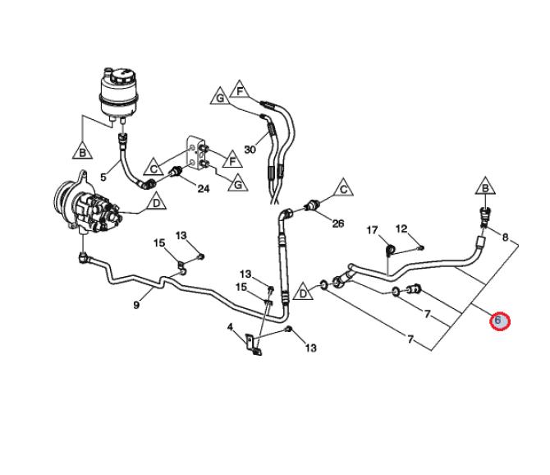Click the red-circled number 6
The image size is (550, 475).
click(x=498, y=320)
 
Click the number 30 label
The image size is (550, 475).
click(x=250, y=150)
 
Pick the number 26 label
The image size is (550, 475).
click(x=337, y=224)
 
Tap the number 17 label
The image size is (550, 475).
click(x=372, y=229)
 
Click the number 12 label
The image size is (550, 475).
click(x=401, y=228)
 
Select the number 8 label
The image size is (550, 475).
click(x=505, y=237)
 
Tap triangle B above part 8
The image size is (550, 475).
click(x=486, y=188)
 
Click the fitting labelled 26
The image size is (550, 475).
click(x=311, y=204)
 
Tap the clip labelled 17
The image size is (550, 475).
click(x=390, y=248)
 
